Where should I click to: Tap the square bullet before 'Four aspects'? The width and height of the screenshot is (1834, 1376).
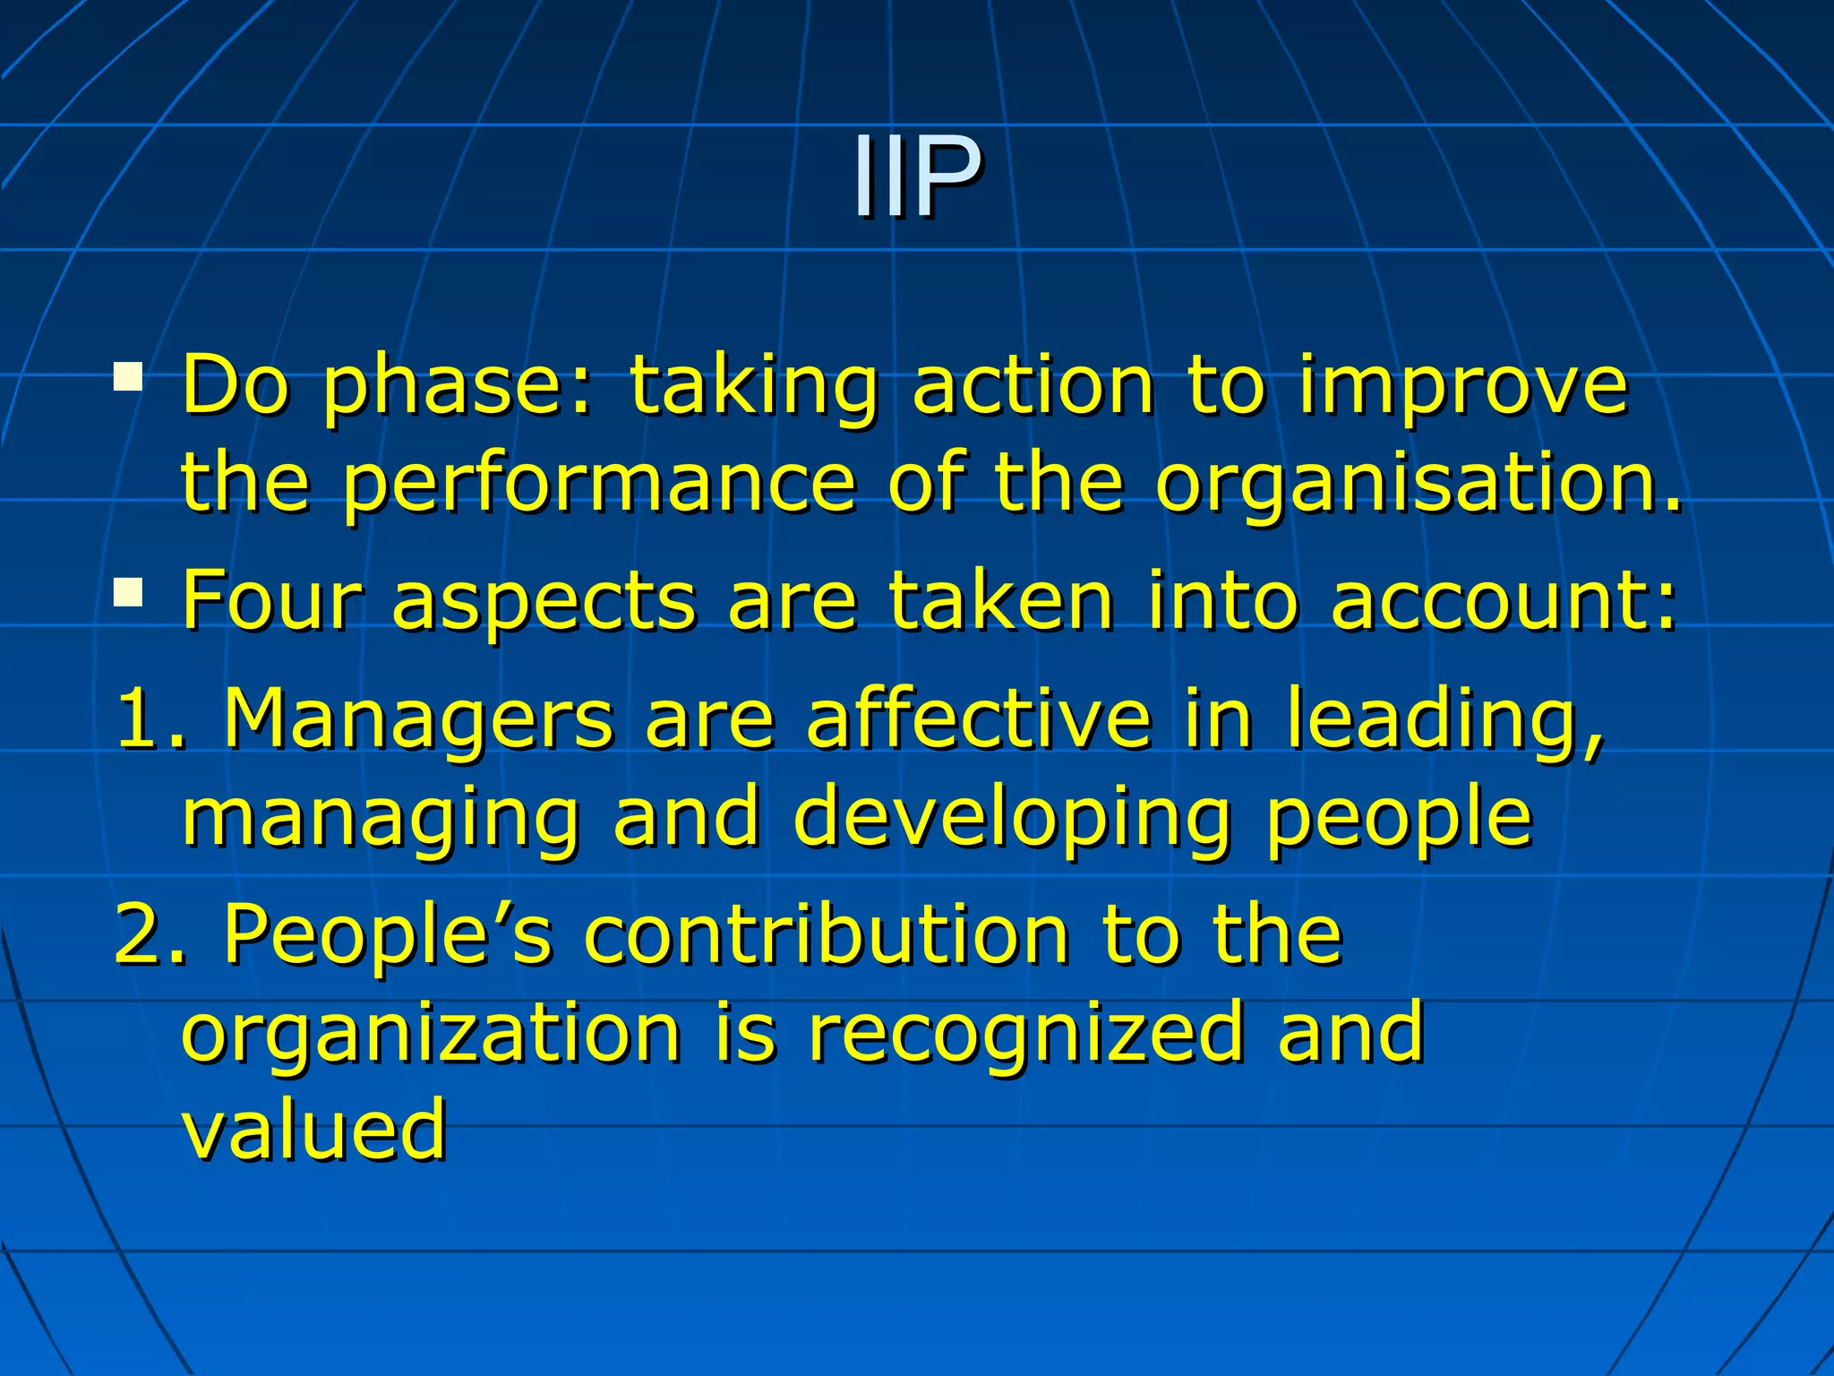[x=128, y=592]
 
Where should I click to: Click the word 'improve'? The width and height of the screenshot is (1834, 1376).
[x=1462, y=388]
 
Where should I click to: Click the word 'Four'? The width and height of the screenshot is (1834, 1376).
[x=271, y=600]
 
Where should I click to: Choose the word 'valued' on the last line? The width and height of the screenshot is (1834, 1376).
[x=313, y=1130]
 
